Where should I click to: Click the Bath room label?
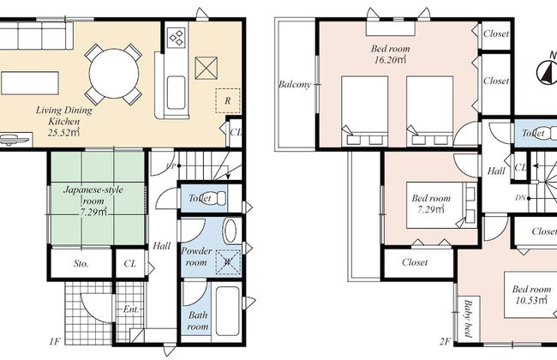pyautogui.click(x=197, y=321)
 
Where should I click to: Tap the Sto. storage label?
pyautogui.click(x=81, y=264)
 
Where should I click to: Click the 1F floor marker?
pyautogui.click(x=54, y=341)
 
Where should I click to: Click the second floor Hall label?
pyautogui.click(x=496, y=171)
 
